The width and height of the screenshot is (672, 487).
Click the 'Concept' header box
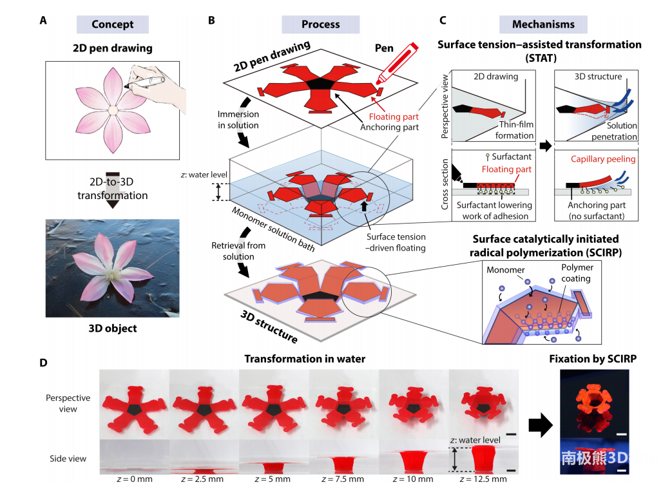click(112, 24)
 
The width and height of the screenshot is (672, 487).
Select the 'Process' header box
click(320, 24)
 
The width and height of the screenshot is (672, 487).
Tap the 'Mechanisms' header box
click(543, 24)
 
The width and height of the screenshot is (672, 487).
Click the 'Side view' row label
click(68, 459)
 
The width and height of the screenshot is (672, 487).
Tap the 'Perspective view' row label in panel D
click(68, 403)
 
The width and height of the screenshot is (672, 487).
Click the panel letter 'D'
click(43, 363)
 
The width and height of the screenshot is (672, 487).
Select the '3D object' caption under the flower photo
click(113, 328)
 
